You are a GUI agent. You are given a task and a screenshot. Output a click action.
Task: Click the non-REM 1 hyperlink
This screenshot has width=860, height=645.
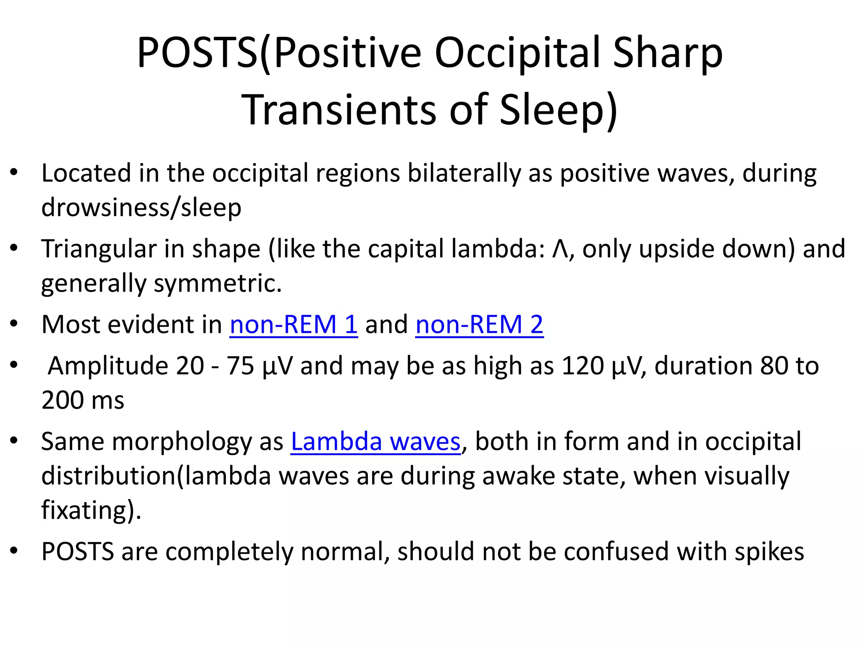294,325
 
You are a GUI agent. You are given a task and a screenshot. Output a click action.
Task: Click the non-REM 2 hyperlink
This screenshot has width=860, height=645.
479,325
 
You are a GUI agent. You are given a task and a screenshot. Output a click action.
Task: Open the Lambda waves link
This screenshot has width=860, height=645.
375,442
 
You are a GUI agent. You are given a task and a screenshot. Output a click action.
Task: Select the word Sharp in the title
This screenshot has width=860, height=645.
668,53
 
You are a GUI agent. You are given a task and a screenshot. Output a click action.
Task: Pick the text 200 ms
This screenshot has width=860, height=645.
83,400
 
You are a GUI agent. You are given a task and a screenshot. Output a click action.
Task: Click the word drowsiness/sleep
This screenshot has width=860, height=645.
141,207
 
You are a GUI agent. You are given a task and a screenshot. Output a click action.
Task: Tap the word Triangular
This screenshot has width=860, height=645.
99,249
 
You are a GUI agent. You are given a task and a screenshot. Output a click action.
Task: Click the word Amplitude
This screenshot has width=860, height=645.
108,366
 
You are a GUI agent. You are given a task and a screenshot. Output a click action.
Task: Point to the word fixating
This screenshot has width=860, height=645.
84,510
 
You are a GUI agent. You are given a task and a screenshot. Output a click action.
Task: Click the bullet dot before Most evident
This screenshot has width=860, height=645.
14,324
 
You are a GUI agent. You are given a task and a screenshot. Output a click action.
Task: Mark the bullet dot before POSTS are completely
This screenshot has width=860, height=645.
14,551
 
